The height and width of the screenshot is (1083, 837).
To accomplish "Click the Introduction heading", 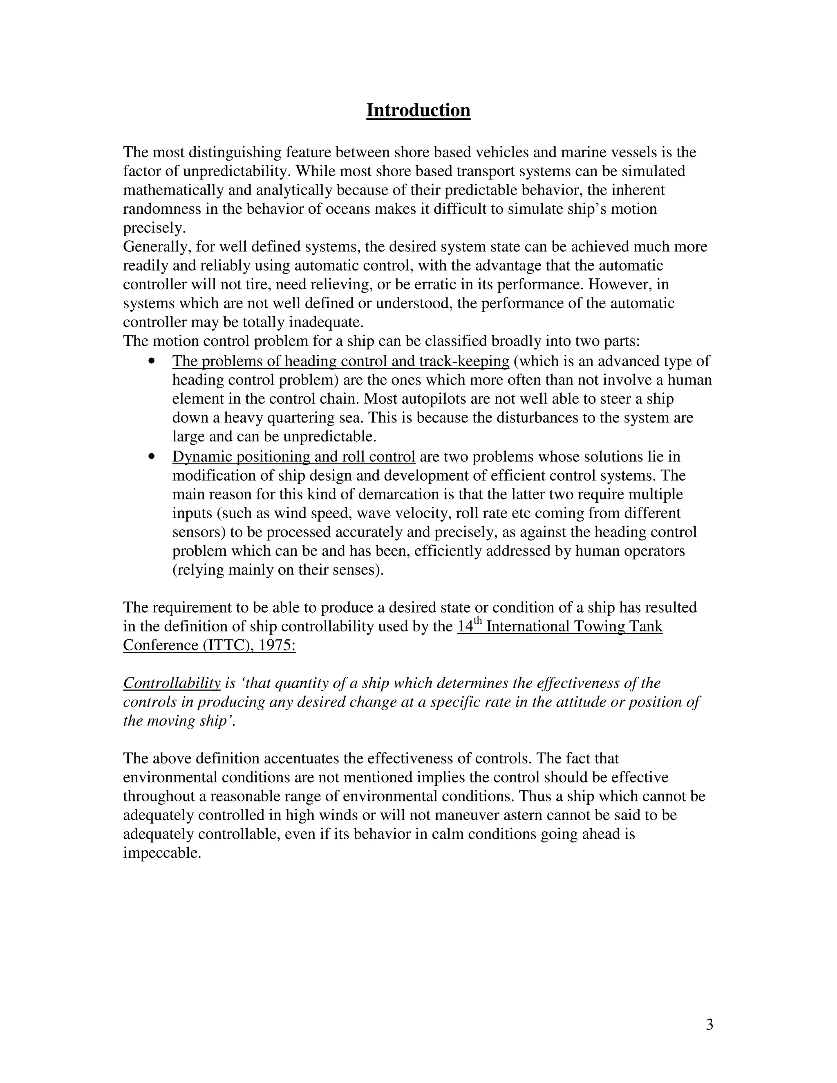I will [418, 110].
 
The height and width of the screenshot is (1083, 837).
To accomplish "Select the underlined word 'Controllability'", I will [172, 683].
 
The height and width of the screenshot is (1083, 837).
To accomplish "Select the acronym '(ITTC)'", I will [229, 645].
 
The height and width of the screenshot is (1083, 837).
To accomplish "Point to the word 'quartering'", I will [300, 418].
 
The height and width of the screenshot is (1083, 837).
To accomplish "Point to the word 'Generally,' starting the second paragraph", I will [157, 246].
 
